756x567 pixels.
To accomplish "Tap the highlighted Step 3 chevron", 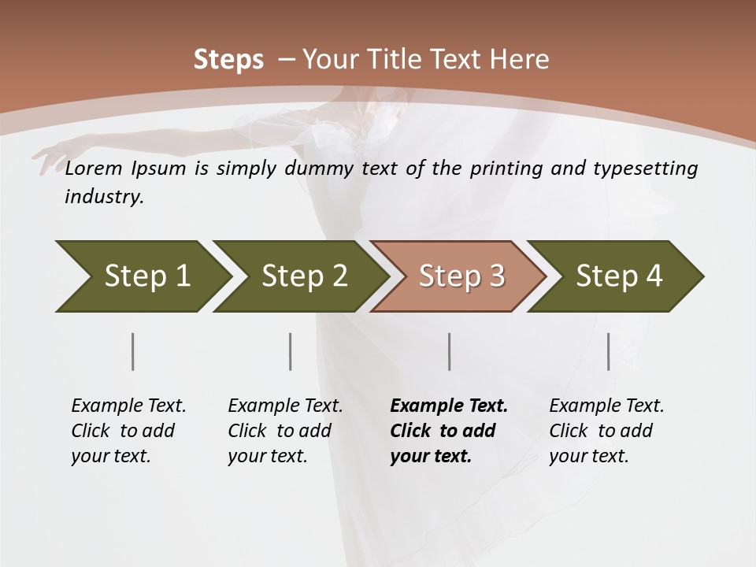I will [461, 276].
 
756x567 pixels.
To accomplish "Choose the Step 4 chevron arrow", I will [618, 276].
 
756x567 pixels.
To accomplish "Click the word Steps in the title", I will [228, 60].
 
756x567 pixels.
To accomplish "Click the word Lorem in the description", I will [94, 169].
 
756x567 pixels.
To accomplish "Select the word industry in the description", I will [103, 197].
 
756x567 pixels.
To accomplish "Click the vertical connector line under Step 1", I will [132, 351].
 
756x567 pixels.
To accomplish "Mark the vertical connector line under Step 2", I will [291, 351].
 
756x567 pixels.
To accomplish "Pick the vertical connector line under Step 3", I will [449, 351].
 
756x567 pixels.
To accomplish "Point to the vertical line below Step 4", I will [608, 351].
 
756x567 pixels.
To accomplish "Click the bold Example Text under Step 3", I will [449, 406].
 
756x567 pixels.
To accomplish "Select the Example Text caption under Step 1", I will [128, 406].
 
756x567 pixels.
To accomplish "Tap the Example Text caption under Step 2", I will [285, 406].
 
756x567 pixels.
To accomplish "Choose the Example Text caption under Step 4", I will [606, 406].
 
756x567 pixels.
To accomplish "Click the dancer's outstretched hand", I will [49, 157].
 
